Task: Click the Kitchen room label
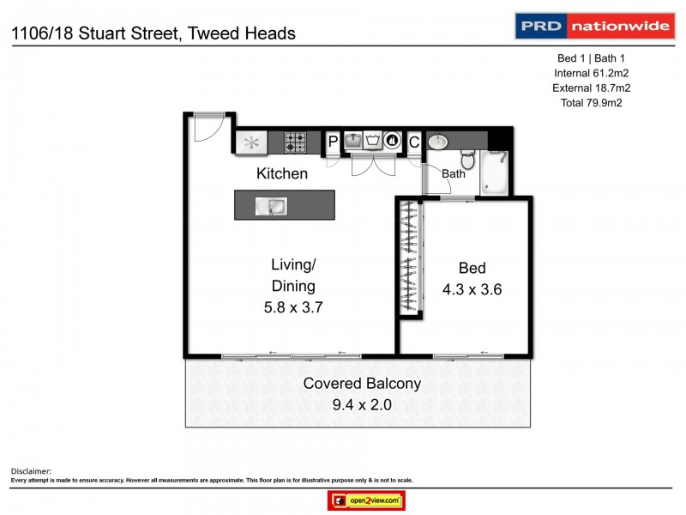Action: point(282,173)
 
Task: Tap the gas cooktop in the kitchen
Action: point(296,142)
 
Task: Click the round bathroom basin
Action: point(437,142)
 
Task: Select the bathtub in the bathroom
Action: point(495,172)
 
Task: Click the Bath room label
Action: point(454,173)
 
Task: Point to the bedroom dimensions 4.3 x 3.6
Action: point(472,289)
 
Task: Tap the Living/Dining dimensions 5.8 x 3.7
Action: point(293,306)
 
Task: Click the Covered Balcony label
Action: point(362,384)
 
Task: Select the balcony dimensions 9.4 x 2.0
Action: point(362,404)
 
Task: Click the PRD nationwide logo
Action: point(593,26)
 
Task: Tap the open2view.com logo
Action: point(366,500)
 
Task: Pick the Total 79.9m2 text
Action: point(588,103)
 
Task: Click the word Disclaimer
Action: point(31,471)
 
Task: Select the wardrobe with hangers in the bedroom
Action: point(410,258)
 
